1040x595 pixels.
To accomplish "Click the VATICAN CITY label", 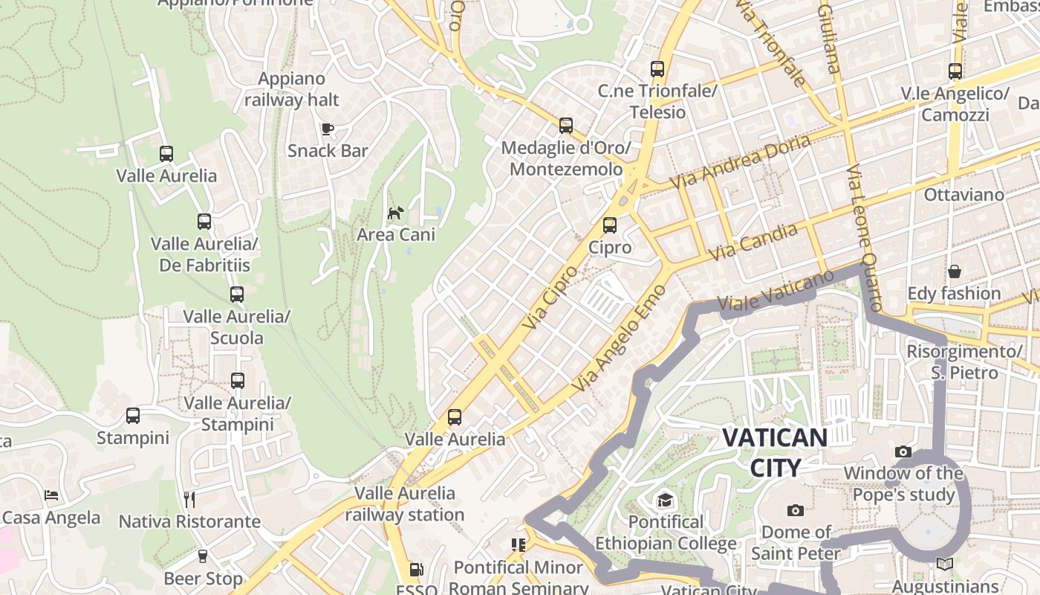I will [775, 452].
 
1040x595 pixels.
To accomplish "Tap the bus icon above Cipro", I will [610, 225].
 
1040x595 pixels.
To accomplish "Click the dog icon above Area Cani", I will [396, 213].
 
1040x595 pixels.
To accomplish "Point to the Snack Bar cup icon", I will [327, 129].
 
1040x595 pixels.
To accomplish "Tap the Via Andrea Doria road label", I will [740, 162].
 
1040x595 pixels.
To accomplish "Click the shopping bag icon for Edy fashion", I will [954, 271].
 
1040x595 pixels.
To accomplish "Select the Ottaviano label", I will [963, 195].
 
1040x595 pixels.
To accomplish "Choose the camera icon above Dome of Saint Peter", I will [796, 510].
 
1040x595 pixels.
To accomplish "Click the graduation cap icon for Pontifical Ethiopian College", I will [665, 500].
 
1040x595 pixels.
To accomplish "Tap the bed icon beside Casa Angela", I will [51, 495].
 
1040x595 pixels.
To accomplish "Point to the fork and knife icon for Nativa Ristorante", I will [189, 499].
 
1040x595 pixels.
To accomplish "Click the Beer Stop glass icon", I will [203, 556].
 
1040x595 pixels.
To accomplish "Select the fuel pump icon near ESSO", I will [417, 570].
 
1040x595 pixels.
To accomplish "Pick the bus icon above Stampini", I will [133, 416].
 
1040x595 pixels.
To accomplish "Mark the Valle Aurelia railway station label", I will [405, 504].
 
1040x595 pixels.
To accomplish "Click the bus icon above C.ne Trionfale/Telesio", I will [657, 69].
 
